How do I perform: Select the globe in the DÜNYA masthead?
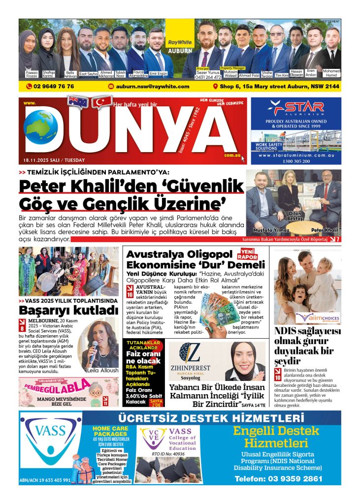tap(41, 127)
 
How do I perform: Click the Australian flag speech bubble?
tap(78, 102)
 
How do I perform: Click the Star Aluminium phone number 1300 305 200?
tap(295, 161)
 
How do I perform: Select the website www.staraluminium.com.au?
tap(295, 155)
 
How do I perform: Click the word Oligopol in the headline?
tap(209, 254)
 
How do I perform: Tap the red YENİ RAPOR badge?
tap(248, 253)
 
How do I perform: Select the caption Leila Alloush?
tap(102, 370)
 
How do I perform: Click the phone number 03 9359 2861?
tap(278, 478)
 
